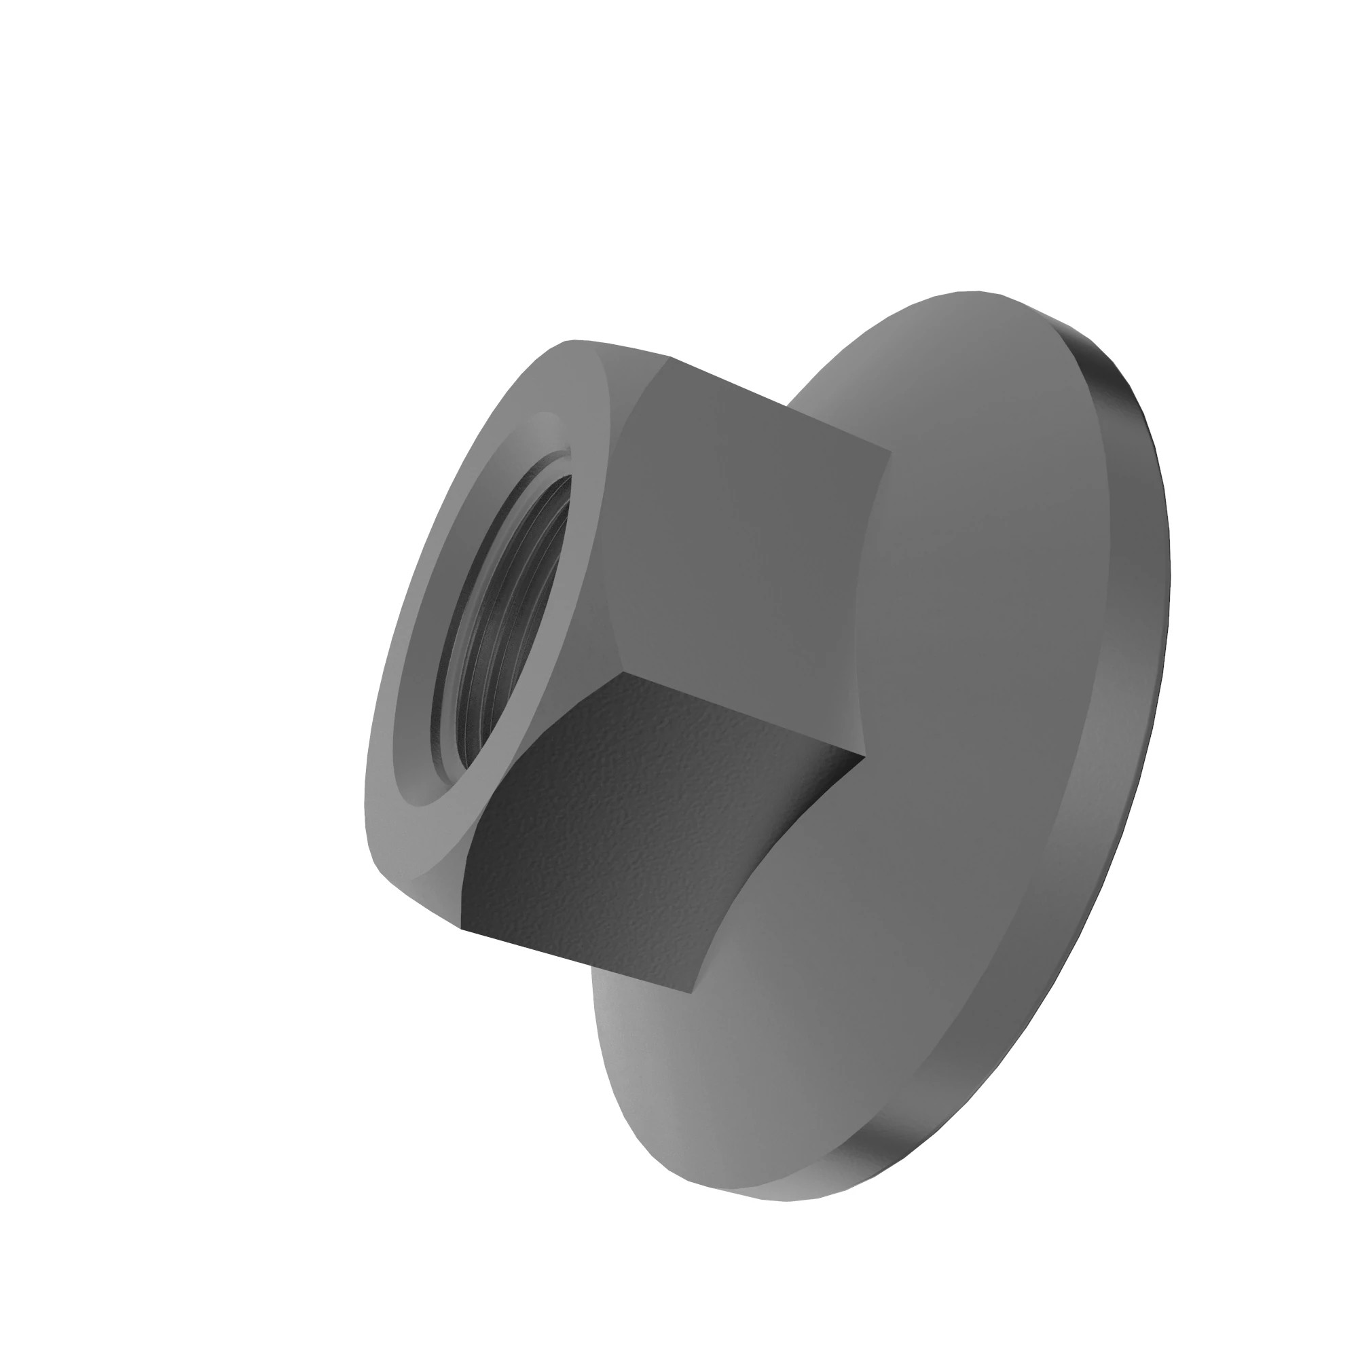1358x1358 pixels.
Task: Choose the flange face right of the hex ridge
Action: [984, 703]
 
